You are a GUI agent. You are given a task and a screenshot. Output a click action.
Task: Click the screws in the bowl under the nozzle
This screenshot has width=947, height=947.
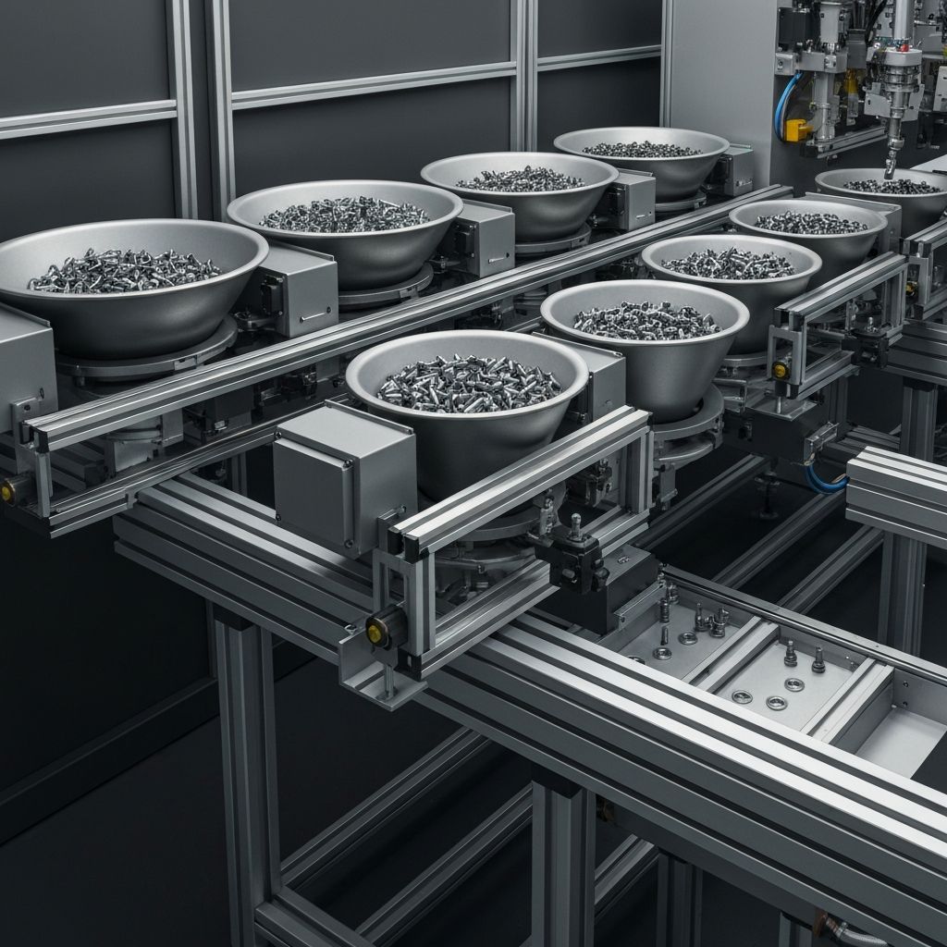pos(891,187)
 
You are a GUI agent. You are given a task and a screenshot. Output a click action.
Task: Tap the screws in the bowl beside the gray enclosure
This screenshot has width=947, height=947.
pos(469,382)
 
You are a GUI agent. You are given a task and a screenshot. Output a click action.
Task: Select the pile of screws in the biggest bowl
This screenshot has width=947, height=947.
pos(124,271)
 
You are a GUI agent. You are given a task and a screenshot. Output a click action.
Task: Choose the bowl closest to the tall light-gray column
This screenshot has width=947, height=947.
pos(640,157)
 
